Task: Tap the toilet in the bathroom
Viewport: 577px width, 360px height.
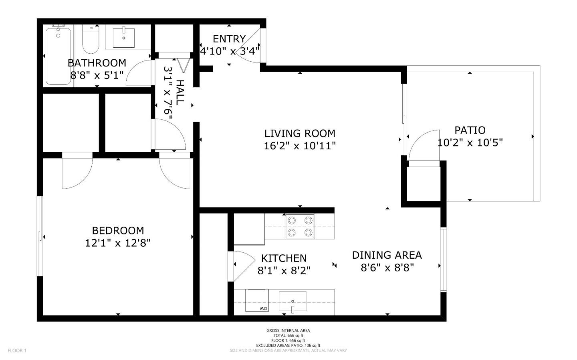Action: click(91, 40)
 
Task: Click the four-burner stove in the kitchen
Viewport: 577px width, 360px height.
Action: click(300, 226)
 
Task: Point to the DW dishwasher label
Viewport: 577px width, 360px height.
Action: click(263, 308)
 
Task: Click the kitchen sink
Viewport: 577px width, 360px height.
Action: click(293, 302)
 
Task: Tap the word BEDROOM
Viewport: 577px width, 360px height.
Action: click(118, 231)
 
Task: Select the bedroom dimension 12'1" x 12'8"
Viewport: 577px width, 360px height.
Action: click(118, 243)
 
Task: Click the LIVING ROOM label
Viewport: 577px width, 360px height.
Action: click(300, 133)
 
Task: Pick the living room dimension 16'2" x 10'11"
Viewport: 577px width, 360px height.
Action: click(300, 146)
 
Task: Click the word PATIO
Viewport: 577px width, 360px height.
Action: click(470, 130)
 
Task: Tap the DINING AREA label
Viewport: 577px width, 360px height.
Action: click(387, 255)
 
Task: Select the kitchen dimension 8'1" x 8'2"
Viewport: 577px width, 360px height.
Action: click(284, 271)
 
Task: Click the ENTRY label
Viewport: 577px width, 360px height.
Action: click(229, 39)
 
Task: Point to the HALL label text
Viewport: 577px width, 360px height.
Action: click(180, 92)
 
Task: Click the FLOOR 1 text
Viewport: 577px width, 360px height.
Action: click(17, 351)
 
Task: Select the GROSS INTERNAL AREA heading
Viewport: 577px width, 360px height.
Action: click(288, 330)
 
